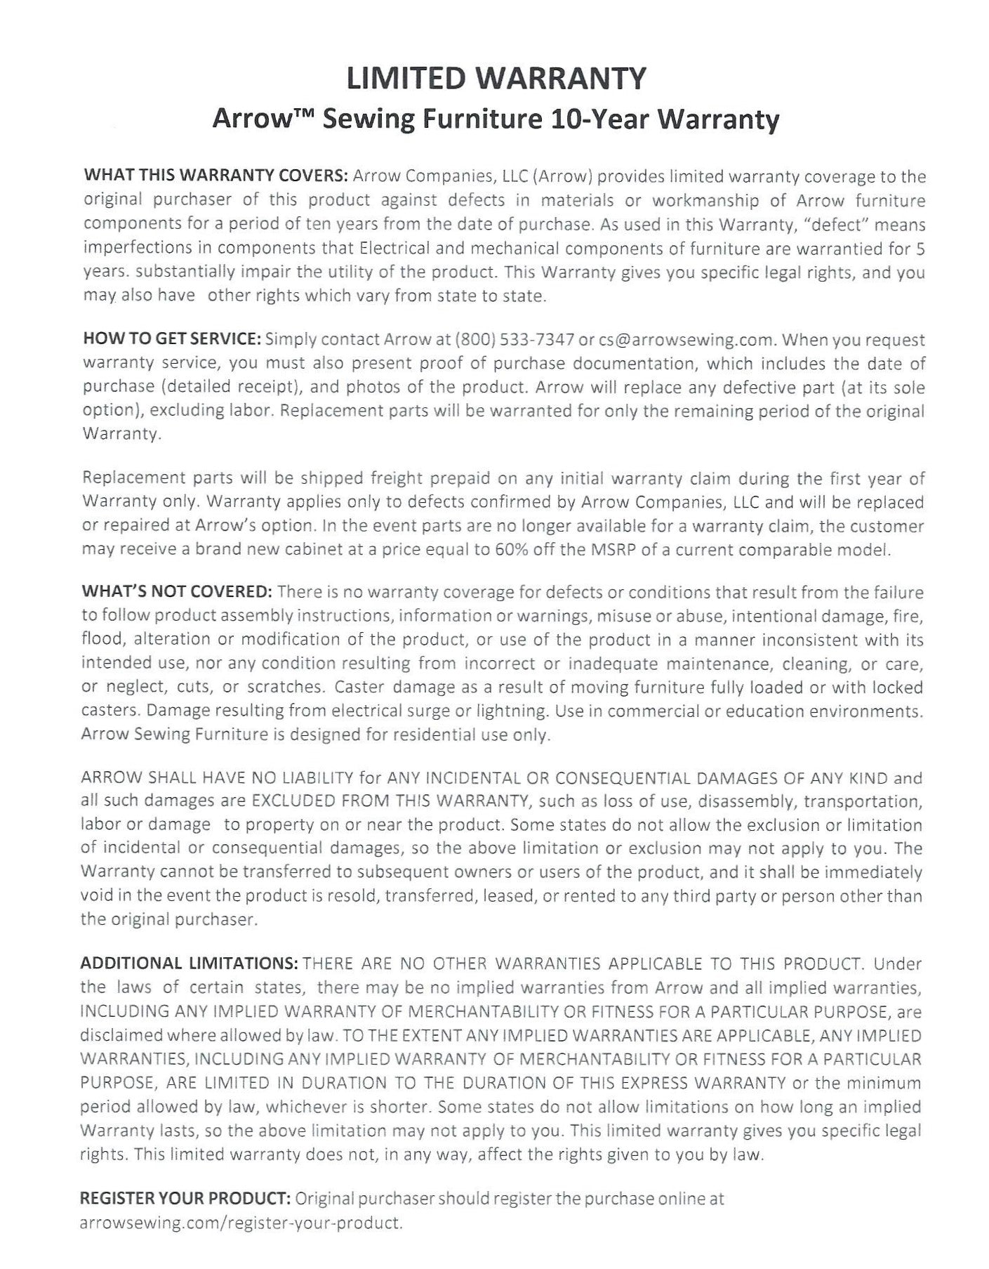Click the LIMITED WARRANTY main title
[x=496, y=78]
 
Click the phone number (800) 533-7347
[x=515, y=340]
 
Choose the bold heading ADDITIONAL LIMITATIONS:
[x=190, y=964]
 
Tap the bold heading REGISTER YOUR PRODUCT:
[x=186, y=1198]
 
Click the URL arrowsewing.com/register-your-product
[x=241, y=1223]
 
